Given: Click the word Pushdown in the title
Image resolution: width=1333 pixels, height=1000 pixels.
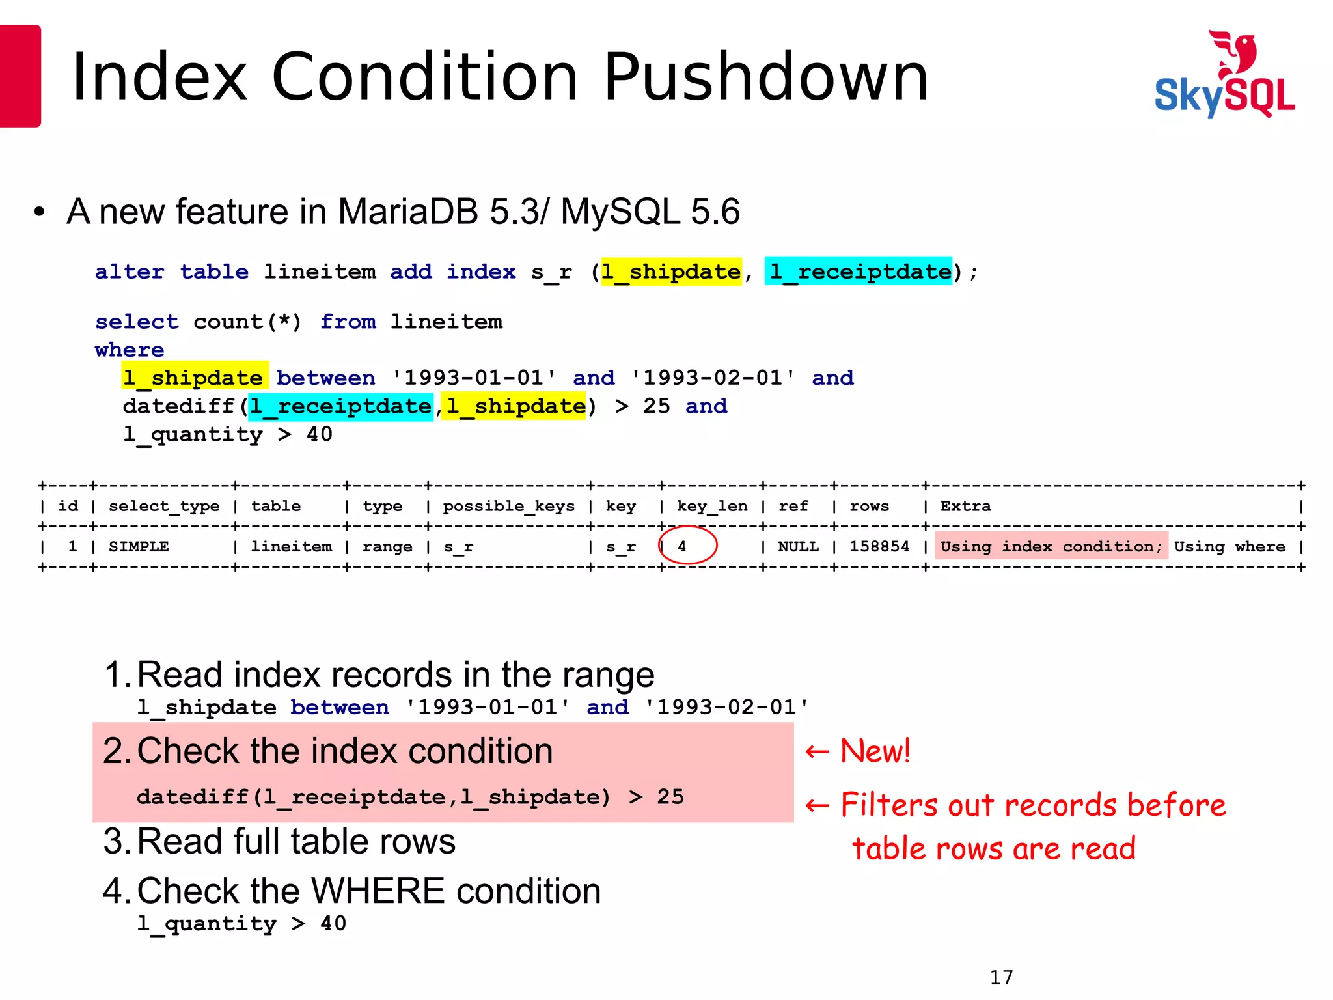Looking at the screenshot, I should coord(766,77).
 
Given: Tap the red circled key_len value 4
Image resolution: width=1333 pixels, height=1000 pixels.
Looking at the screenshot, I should coord(682,546).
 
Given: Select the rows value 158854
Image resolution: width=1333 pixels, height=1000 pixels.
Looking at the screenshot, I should coord(879,546).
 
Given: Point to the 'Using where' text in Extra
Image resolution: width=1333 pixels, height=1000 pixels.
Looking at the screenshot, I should coord(1230,546).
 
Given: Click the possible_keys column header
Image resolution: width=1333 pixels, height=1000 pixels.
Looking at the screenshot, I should coord(508,506).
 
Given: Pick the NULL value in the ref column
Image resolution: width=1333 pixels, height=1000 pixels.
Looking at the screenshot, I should coord(798,546).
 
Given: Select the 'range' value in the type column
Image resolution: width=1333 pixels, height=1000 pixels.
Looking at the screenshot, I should coord(387,546).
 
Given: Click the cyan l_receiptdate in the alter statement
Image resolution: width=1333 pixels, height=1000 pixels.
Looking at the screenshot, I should coord(859,271).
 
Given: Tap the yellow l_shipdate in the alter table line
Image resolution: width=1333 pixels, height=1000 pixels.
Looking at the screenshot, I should coord(670,271).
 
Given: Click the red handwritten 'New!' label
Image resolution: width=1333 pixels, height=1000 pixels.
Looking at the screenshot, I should coord(874,751).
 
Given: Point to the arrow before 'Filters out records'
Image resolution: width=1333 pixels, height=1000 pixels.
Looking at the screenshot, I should coord(818,806).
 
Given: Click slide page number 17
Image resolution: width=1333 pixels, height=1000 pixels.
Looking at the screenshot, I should coord(1001,977).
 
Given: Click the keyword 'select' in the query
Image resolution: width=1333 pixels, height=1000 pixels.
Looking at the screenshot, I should coord(137,322).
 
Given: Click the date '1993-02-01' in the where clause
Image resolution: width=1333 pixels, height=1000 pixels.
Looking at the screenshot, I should coord(713,378).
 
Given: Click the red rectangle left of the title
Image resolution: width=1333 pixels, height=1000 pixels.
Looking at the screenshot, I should coord(20,76).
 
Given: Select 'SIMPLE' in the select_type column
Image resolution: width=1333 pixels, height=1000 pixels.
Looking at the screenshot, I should coord(139,546).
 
